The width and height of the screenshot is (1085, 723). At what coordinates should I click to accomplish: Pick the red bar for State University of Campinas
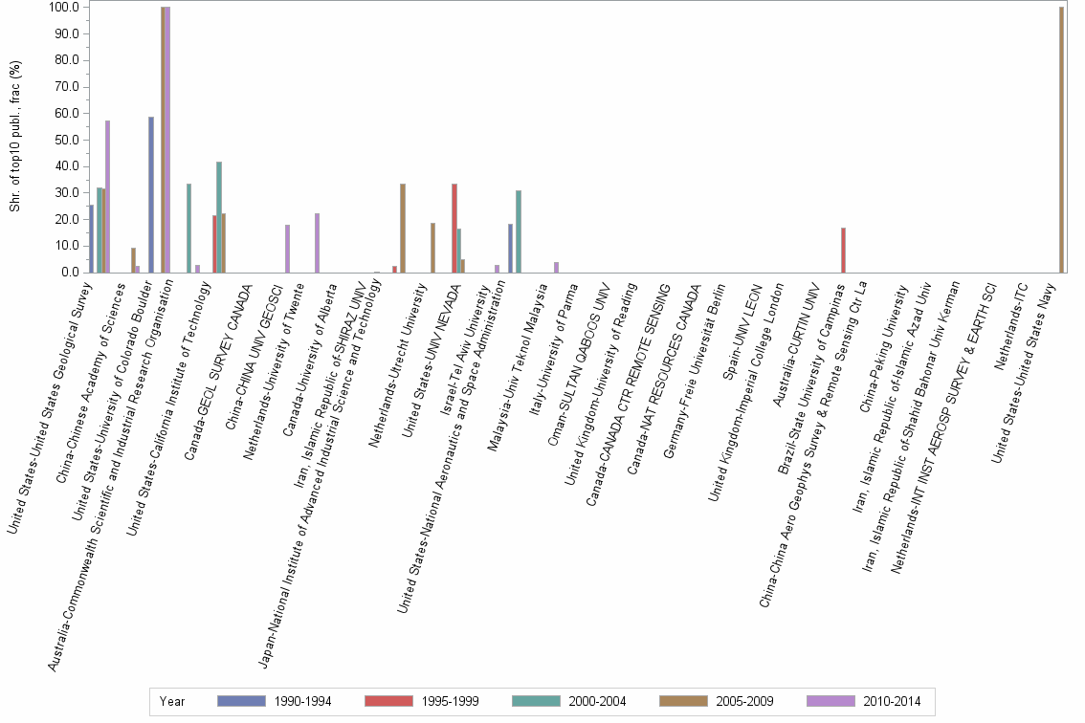pos(843,250)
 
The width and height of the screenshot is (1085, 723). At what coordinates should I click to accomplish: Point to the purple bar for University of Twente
pos(317,243)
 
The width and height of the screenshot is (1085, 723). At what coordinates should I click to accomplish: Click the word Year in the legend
pos(173,701)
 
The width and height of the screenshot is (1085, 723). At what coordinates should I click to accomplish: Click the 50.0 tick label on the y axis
pos(66,140)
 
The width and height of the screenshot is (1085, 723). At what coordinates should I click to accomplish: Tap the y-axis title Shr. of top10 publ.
pos(14,139)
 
